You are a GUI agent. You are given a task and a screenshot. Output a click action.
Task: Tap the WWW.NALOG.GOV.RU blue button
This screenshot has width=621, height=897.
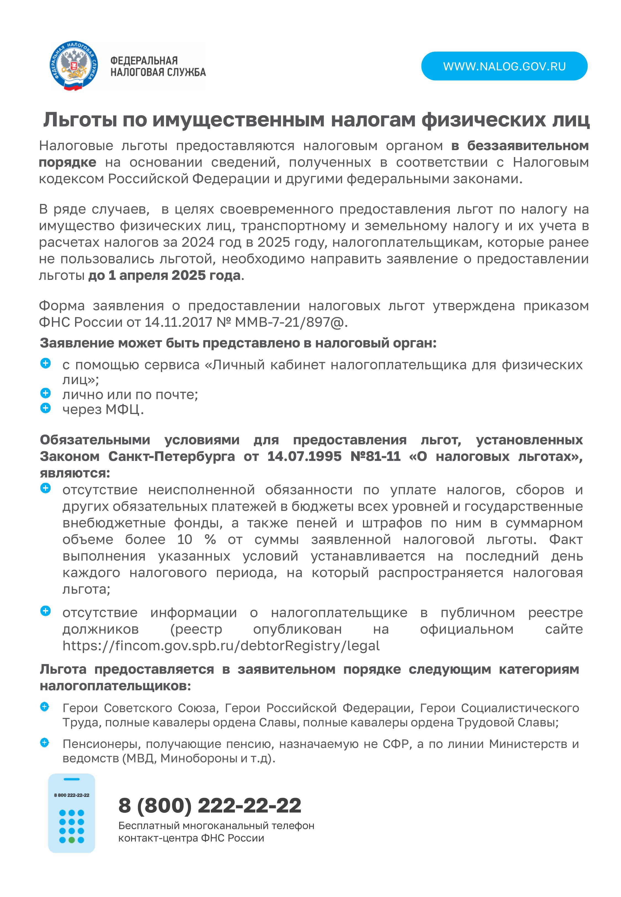coord(504,66)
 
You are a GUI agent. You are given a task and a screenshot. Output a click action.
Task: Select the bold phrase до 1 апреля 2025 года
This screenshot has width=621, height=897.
coord(164,275)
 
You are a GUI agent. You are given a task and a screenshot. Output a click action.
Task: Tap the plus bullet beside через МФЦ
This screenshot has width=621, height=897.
coord(46,408)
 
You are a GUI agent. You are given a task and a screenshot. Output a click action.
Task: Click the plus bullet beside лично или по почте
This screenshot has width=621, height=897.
coord(46,393)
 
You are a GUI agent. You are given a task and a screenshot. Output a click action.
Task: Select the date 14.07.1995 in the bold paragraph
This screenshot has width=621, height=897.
coord(304,456)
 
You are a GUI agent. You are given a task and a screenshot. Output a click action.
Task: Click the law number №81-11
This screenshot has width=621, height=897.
coord(375,456)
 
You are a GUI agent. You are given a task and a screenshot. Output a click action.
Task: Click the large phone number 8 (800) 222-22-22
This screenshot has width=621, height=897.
coord(210,805)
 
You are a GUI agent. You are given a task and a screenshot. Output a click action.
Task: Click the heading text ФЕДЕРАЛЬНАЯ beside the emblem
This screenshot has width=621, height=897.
coord(144,61)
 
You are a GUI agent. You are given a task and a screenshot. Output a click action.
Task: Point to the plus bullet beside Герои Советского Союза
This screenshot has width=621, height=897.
coord(45,706)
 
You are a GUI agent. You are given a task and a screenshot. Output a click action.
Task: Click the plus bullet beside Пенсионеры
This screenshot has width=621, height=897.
coord(45,742)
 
